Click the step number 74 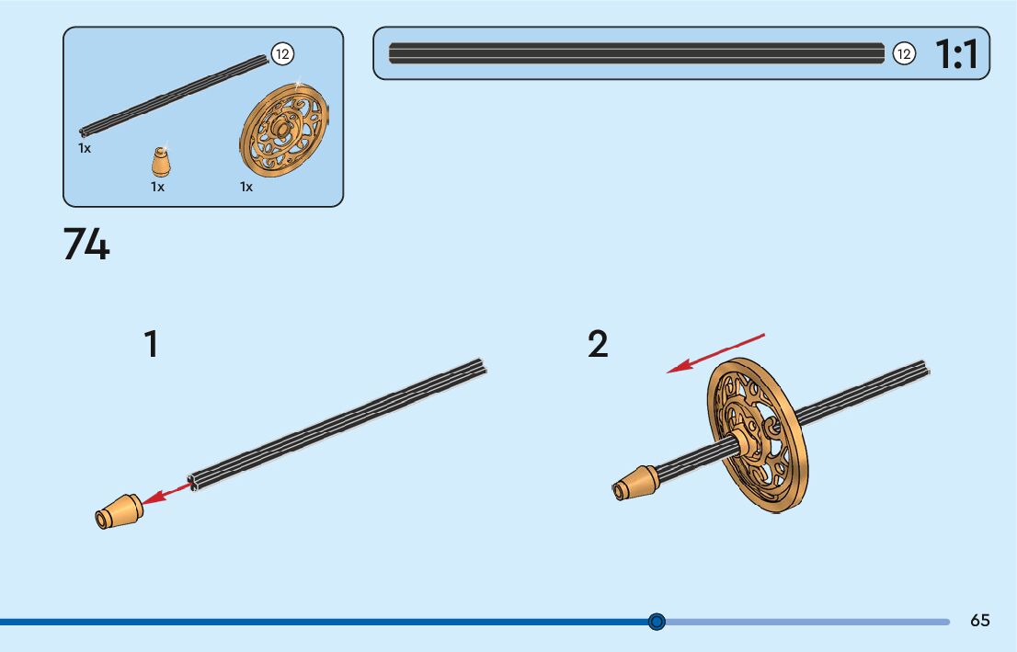pos(86,245)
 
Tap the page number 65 pos(980,621)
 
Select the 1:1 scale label pos(957,55)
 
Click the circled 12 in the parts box pos(282,55)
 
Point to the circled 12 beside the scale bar pos(904,54)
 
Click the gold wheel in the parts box pos(285,131)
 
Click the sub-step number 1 pos(151,345)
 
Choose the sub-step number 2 pos(598,345)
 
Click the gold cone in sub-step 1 pos(118,512)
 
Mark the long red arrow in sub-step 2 pos(715,353)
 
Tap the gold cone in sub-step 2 pos(635,484)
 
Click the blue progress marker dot pos(657,622)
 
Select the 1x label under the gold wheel pos(246,187)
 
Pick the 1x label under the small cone pos(157,187)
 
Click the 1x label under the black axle pos(85,148)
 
